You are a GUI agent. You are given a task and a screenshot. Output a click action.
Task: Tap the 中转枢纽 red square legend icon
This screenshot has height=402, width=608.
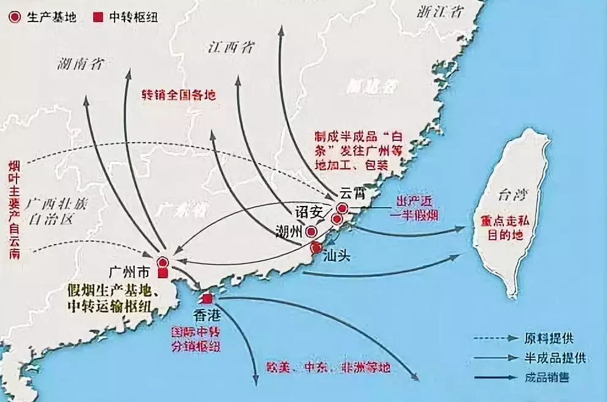coord(98,17)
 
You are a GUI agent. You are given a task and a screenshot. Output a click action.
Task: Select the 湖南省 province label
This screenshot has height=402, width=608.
coord(80,63)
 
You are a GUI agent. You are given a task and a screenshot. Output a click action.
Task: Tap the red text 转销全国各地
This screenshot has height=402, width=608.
coord(179,96)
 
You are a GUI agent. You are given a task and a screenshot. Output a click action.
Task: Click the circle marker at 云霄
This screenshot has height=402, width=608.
coord(342,209)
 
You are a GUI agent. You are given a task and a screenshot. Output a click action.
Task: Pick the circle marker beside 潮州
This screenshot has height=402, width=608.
coord(311,232)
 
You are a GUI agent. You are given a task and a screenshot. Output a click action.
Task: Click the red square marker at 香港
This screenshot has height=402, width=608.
coord(207,298)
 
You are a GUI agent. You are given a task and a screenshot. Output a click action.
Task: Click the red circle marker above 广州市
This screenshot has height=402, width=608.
coord(163,262)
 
